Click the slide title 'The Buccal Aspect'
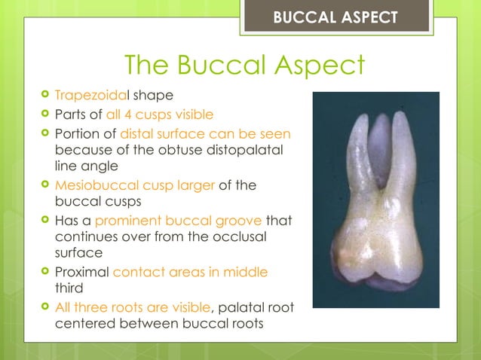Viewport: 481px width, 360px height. (244, 66)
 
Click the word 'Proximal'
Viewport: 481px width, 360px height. (81, 271)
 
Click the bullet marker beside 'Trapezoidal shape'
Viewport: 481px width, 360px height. (46, 96)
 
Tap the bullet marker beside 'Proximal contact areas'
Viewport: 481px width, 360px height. (46, 271)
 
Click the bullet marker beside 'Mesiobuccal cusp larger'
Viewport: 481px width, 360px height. (46, 186)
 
